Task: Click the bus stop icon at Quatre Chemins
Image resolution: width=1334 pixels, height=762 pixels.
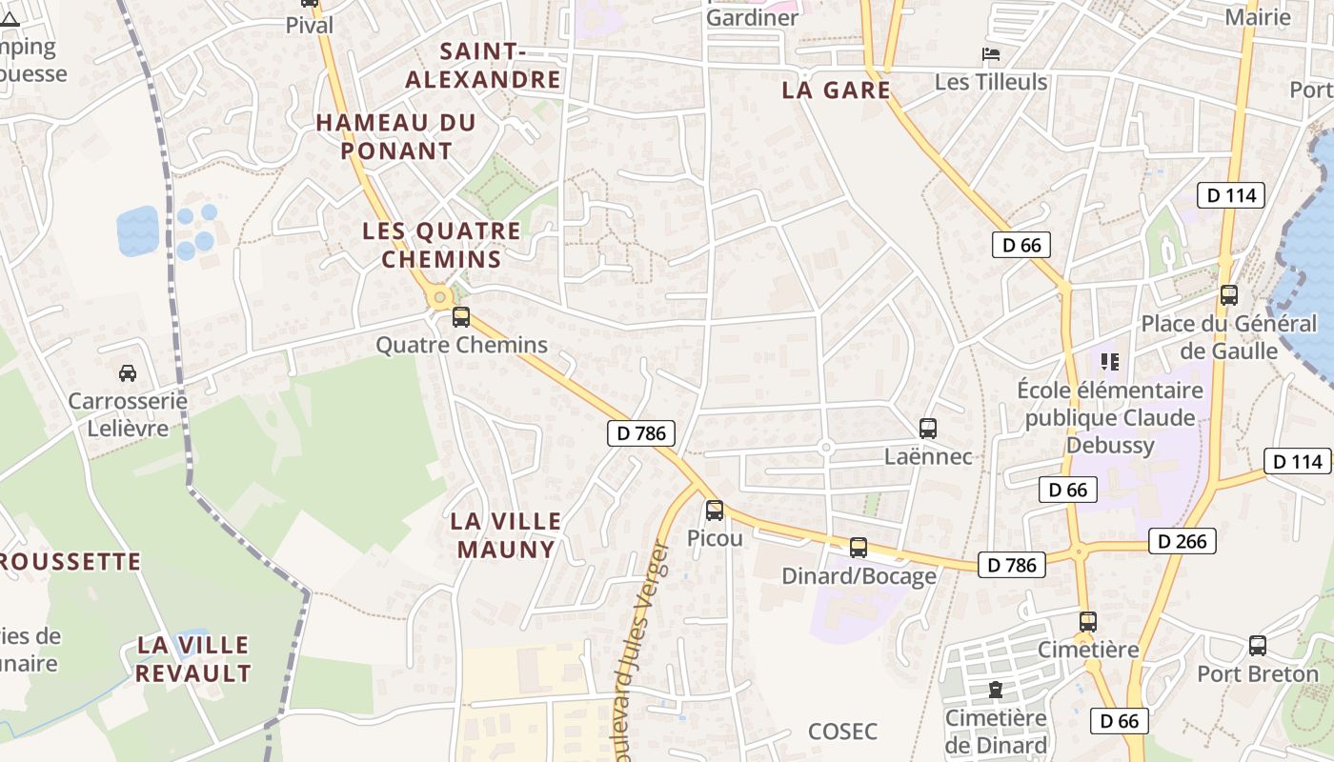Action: click(x=461, y=316)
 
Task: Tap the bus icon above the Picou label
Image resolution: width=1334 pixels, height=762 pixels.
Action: click(x=715, y=511)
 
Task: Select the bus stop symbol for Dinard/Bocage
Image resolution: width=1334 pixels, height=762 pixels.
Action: click(x=859, y=548)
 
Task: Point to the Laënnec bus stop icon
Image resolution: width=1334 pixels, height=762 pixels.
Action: click(x=928, y=429)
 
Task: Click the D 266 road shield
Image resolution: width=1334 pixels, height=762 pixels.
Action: click(x=1182, y=541)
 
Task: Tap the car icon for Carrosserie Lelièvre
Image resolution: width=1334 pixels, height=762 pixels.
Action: click(x=127, y=372)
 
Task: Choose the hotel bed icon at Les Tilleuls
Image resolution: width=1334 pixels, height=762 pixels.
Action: click(x=991, y=54)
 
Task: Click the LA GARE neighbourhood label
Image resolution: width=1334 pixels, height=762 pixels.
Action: click(x=836, y=90)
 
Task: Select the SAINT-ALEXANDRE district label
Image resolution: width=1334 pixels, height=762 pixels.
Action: click(x=483, y=65)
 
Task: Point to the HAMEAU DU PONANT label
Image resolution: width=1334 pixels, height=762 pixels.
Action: click(x=395, y=136)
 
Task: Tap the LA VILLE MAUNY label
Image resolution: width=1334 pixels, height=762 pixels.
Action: click(x=506, y=534)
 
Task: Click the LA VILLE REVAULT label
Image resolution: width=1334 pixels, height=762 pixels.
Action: click(x=193, y=658)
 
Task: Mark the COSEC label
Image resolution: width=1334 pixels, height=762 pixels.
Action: click(x=842, y=732)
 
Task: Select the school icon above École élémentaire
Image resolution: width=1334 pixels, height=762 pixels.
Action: click(x=1109, y=361)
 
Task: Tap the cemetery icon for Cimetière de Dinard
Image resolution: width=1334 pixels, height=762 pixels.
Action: click(x=996, y=689)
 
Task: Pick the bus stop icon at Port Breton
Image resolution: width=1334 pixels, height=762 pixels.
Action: click(x=1258, y=646)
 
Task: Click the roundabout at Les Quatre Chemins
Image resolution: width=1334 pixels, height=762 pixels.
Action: click(x=439, y=298)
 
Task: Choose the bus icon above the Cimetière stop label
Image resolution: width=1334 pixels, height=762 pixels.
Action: click(x=1087, y=622)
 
